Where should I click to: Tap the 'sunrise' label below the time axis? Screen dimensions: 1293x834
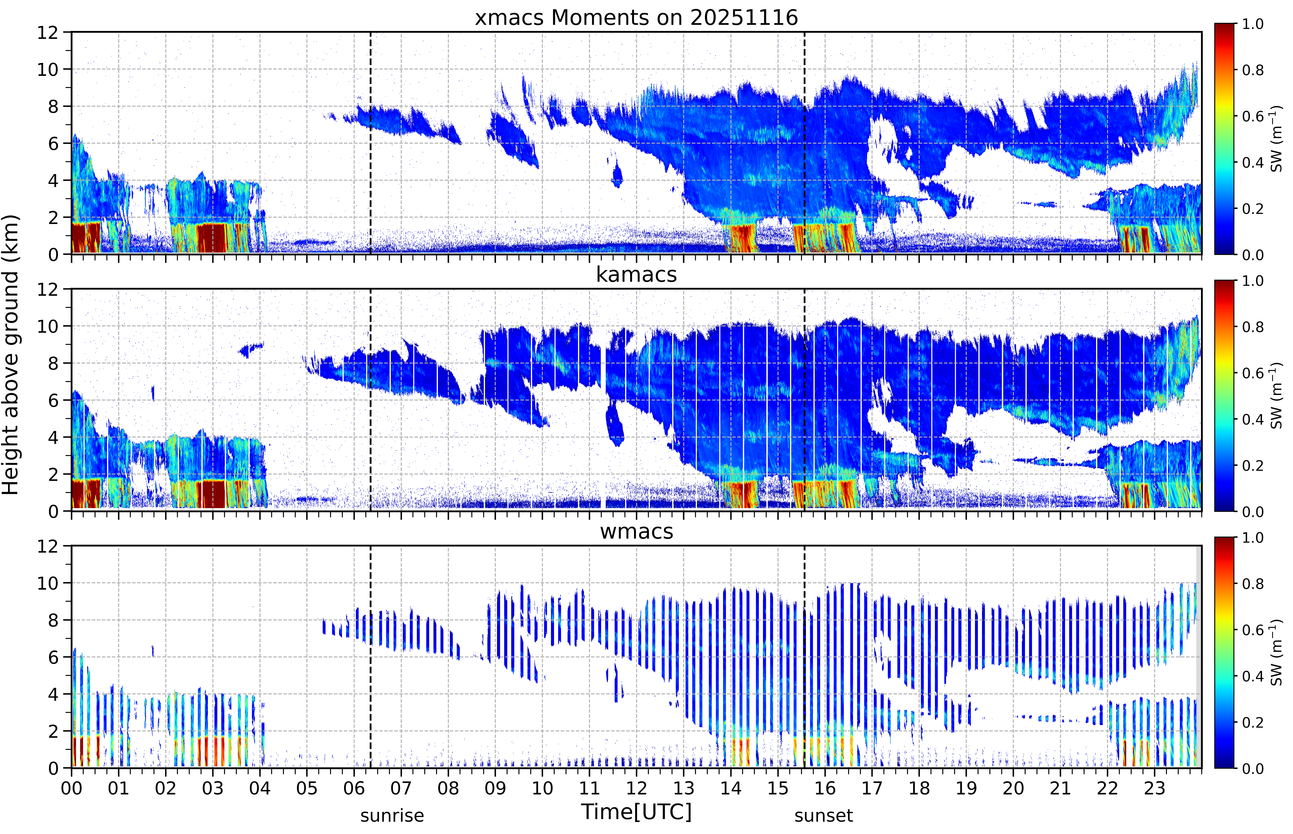point(392,815)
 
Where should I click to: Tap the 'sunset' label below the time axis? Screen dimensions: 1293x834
point(824,815)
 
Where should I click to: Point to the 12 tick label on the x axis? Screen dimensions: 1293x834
point(637,788)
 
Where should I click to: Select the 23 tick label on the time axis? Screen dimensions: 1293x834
point(1154,788)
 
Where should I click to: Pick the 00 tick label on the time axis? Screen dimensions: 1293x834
point(71,788)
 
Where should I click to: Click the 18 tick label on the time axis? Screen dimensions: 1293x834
point(919,788)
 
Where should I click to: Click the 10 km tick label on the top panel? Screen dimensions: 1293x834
point(47,69)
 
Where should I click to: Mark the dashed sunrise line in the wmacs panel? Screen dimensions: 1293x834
point(370,656)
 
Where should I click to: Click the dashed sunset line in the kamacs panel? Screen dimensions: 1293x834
point(805,400)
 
